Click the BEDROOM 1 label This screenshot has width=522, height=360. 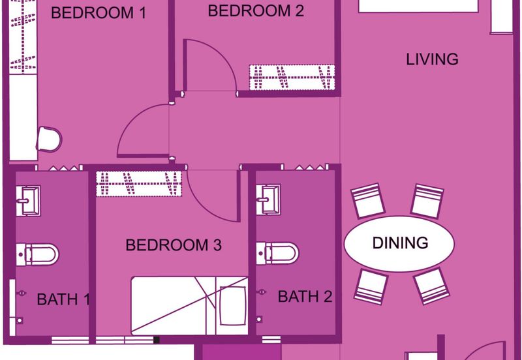[x=99, y=13]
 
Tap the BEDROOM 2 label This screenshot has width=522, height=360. [x=256, y=10]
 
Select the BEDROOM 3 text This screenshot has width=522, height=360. [x=174, y=245]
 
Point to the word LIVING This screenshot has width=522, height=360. [x=432, y=59]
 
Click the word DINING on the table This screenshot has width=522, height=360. [x=400, y=243]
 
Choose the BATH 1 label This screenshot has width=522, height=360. [x=63, y=299]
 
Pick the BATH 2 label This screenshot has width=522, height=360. [x=305, y=297]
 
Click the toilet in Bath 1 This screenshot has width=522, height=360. [x=37, y=254]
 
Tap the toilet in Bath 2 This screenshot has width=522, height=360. [x=277, y=253]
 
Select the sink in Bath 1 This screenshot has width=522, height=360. [x=28, y=201]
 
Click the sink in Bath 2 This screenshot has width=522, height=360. [x=268, y=200]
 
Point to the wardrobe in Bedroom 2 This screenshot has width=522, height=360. [x=292, y=78]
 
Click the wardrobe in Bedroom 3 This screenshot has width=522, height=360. [x=139, y=184]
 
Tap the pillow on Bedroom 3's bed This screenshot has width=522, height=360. [x=233, y=306]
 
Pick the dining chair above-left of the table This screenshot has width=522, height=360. [x=368, y=201]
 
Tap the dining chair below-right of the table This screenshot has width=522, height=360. [x=431, y=286]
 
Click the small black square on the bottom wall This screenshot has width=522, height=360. [x=157, y=340]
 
